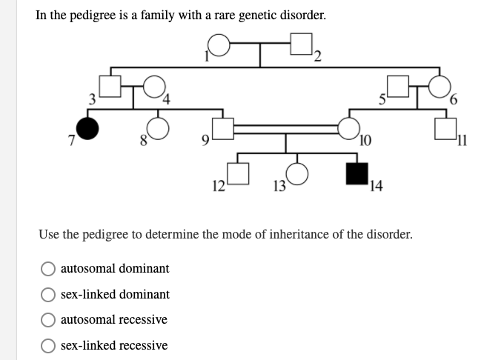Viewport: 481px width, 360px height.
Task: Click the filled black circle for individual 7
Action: (x=88, y=130)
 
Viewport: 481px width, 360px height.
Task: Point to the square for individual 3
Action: (x=110, y=89)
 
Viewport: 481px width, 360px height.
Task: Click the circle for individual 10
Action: (x=348, y=130)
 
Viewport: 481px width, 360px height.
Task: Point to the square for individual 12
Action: (x=237, y=173)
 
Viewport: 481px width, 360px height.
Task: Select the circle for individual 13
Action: (x=296, y=173)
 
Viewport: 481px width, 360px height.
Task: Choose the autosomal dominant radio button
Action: (x=49, y=268)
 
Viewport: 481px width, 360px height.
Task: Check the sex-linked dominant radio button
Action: (x=49, y=294)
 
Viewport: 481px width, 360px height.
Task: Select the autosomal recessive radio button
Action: (x=49, y=319)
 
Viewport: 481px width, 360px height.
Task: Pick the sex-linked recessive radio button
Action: (x=49, y=345)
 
